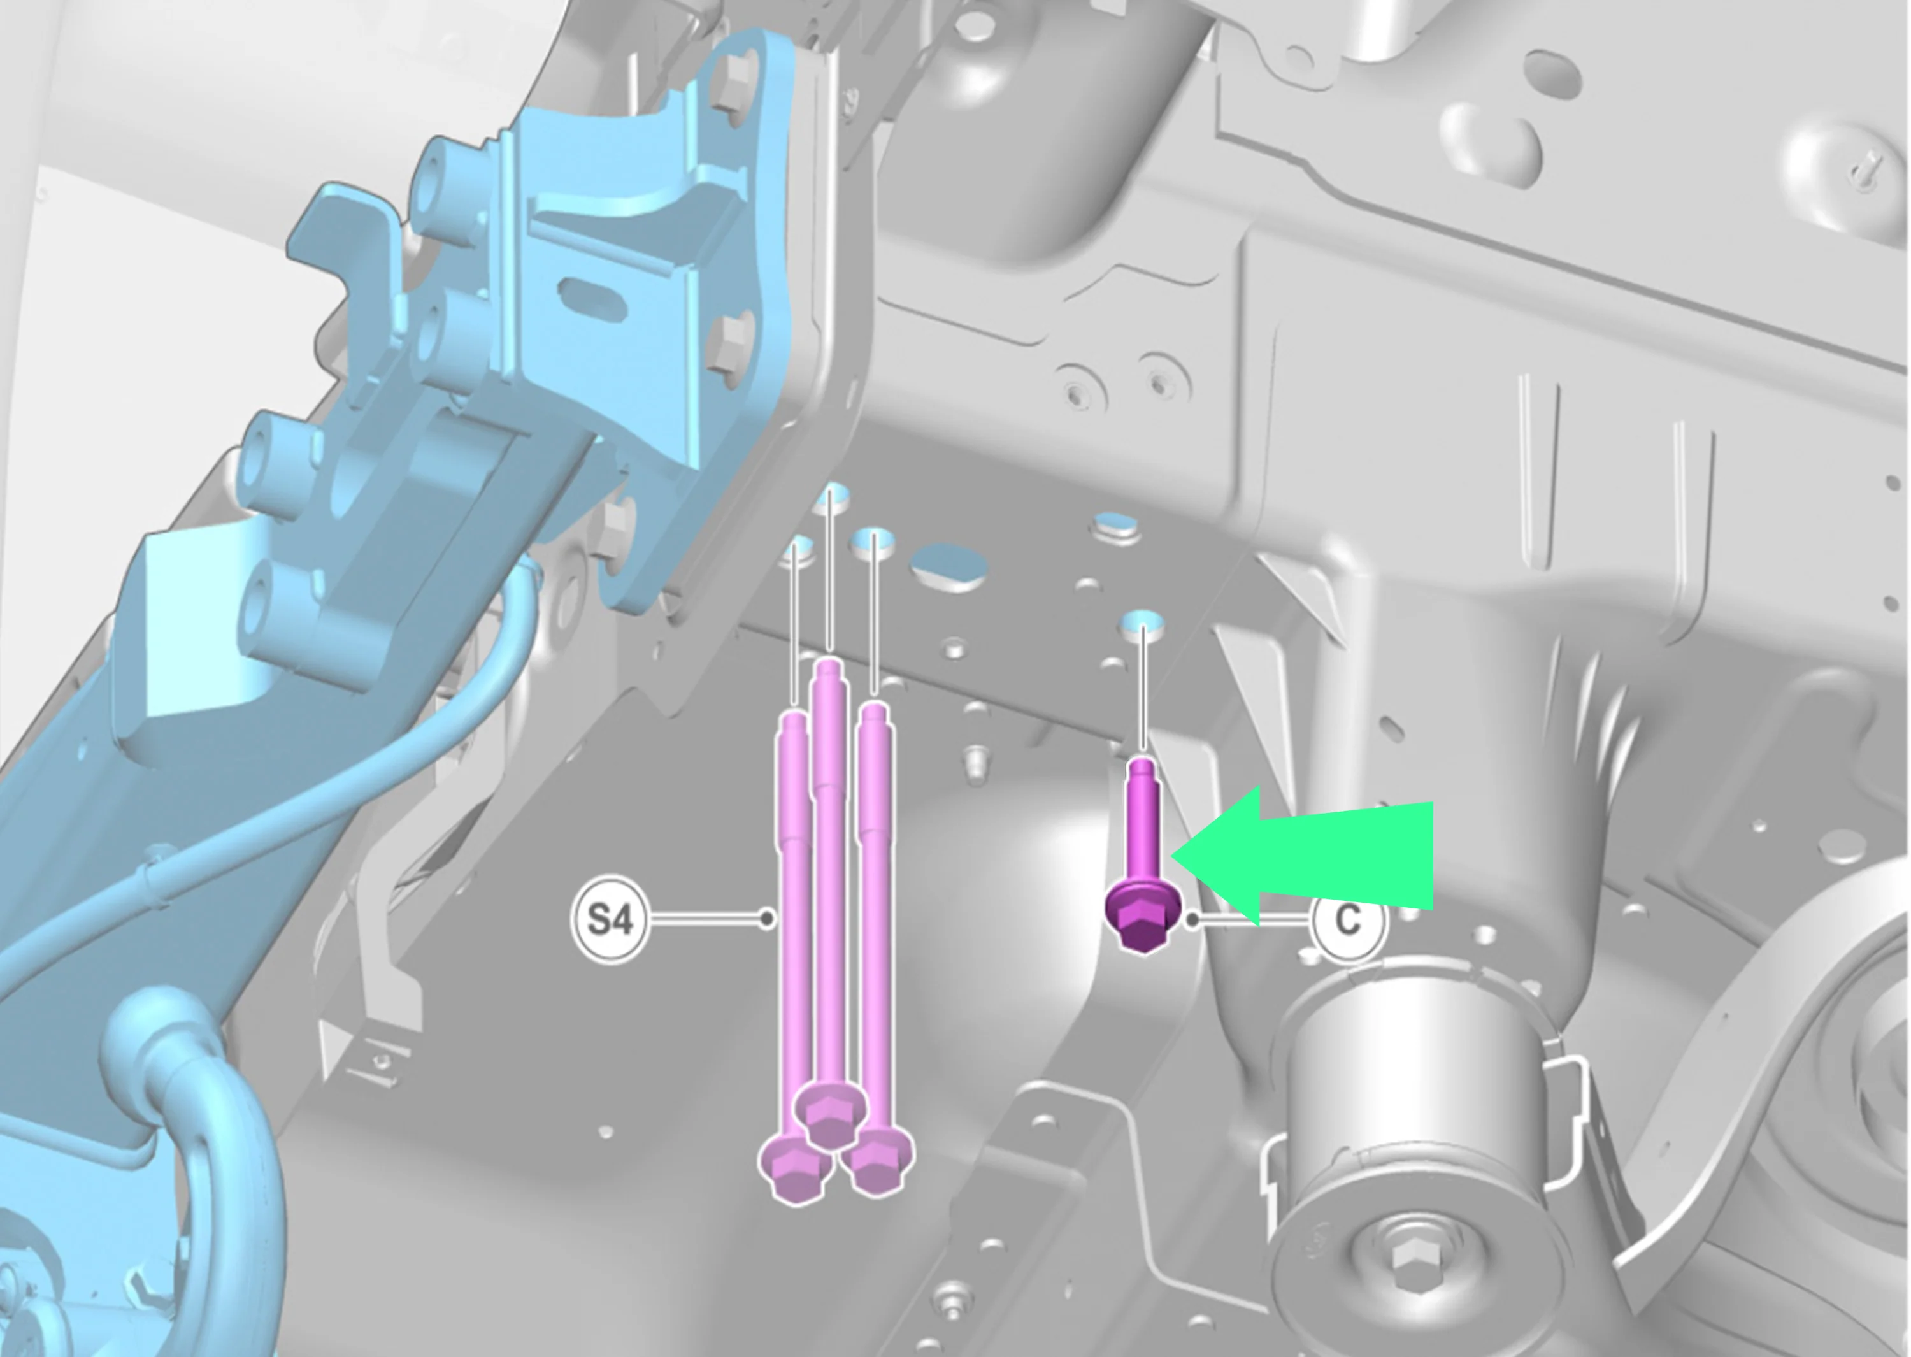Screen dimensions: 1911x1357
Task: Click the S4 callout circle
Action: (x=610, y=920)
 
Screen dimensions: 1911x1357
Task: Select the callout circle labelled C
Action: (x=1348, y=920)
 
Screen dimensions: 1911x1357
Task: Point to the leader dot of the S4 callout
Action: (x=767, y=919)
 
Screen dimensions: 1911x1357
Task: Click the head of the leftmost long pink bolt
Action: (x=795, y=1167)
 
